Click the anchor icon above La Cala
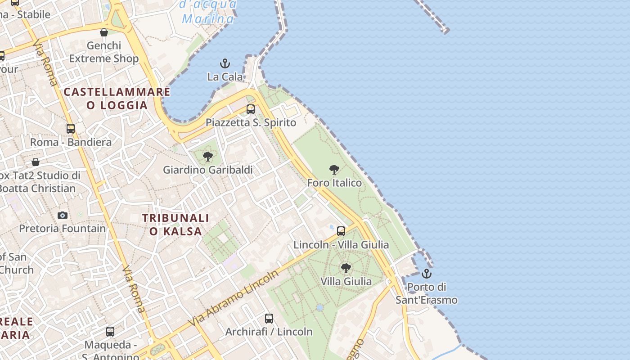(225, 63)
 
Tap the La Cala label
(225, 77)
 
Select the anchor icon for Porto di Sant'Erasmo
(426, 274)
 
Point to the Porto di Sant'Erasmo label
(426, 293)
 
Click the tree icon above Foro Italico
(334, 170)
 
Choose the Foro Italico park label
(334, 183)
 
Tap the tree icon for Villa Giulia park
(346, 268)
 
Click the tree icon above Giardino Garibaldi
(207, 157)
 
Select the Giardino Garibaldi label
(207, 170)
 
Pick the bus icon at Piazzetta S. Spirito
(251, 109)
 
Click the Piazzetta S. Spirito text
(251, 122)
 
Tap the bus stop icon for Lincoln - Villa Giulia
(341, 231)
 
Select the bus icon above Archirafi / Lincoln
(269, 319)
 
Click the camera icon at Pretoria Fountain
(63, 215)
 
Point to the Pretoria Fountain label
(63, 228)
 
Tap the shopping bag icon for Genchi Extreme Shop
(104, 32)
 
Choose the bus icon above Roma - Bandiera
(71, 129)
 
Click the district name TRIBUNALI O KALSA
(175, 225)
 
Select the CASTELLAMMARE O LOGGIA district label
(117, 99)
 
